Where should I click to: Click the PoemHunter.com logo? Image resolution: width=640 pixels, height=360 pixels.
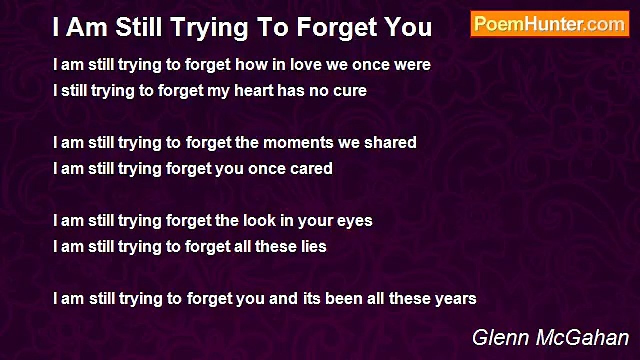550,24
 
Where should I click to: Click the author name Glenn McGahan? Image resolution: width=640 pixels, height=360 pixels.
551,338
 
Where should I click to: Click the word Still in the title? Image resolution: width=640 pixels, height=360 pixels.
139,27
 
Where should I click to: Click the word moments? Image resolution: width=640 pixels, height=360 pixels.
298,143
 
